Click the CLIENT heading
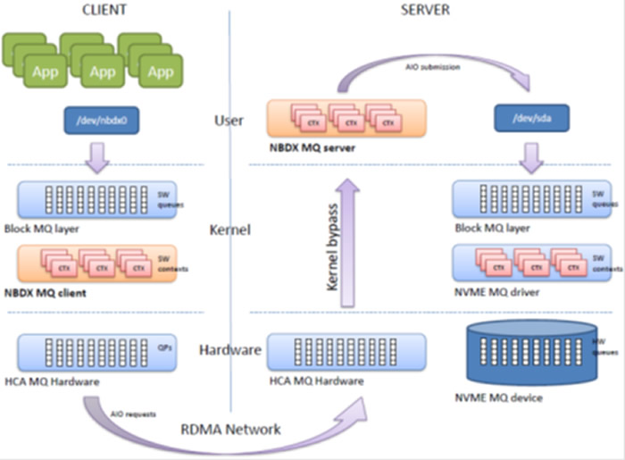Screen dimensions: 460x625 tap(102, 10)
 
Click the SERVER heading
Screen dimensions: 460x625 tap(424, 10)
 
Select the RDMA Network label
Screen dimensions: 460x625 tap(237, 430)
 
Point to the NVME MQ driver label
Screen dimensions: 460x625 tap(496, 292)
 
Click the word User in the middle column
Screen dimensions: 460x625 tap(229, 120)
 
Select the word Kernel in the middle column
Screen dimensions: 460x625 tap(228, 230)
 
